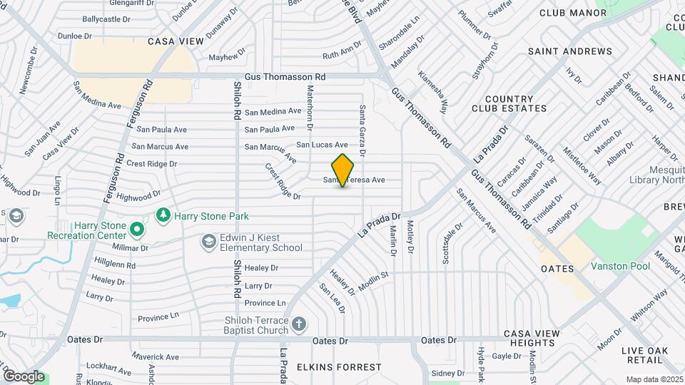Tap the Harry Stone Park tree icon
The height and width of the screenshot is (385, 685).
pos(163,215)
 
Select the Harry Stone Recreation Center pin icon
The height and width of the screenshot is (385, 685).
pos(136,230)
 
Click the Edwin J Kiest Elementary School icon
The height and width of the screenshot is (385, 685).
pos(208,242)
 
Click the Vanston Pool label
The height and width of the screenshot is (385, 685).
pos(620,266)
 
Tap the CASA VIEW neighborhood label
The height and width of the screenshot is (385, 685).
pos(176,41)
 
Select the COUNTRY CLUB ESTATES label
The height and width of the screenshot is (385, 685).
pos(509,104)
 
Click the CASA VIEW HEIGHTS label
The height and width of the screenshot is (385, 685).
pos(539,338)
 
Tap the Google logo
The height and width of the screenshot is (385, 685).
pos(24,376)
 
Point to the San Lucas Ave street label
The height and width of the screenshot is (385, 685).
pos(322,145)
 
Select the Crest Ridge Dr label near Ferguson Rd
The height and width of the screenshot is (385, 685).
pos(151,164)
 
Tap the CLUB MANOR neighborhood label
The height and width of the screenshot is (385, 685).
pos(573,13)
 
